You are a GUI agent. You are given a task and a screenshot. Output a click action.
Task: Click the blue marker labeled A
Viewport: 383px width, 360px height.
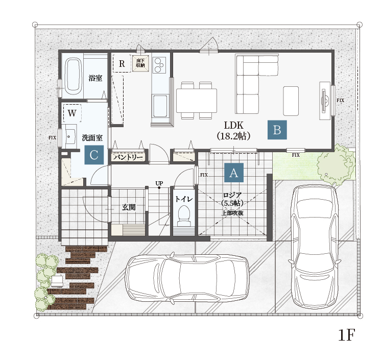(234, 173)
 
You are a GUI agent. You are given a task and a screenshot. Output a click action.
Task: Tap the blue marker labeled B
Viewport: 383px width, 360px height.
(277, 130)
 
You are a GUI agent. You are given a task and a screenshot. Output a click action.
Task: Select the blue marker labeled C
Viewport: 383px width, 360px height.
(94, 155)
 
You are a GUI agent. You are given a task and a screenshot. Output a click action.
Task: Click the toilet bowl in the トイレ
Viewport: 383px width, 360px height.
(183, 215)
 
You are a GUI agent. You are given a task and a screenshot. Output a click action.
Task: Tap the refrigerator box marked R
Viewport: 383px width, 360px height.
(122, 63)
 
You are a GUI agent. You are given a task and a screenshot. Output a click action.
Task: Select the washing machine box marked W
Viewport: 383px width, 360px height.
(72, 113)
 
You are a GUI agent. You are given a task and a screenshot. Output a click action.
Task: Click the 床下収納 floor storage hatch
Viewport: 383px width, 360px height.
(140, 63)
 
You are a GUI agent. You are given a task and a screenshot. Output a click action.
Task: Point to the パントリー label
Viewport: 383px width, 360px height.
(128, 157)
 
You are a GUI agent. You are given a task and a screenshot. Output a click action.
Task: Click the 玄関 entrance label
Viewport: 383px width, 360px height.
(129, 207)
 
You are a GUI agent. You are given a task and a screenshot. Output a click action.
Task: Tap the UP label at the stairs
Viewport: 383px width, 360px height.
(159, 183)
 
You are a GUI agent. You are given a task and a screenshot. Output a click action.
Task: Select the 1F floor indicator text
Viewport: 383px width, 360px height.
(346, 335)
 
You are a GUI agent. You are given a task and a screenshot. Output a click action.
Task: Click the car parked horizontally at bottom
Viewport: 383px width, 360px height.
(187, 278)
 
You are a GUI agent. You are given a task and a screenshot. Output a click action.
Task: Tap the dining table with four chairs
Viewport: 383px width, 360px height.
(197, 101)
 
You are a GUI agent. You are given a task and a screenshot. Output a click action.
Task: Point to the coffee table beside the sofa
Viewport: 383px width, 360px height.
(291, 101)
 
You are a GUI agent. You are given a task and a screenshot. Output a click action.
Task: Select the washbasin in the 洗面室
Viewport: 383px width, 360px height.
(69, 136)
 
